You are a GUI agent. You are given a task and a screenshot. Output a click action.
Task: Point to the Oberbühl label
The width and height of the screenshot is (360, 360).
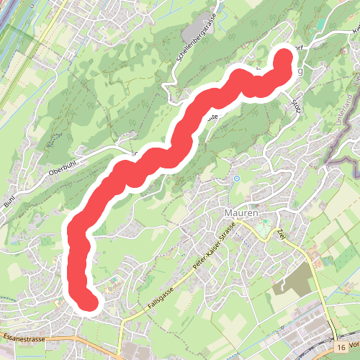(x=63, y=171)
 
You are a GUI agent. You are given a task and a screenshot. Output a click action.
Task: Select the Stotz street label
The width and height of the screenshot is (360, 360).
(x=295, y=103)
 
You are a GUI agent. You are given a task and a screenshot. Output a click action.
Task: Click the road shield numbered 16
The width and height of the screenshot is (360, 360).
(x=341, y=347)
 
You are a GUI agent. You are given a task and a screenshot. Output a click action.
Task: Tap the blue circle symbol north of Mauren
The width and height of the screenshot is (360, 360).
(x=236, y=178)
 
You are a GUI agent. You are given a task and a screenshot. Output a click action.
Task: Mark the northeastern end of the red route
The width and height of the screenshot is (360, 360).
(x=284, y=58)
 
